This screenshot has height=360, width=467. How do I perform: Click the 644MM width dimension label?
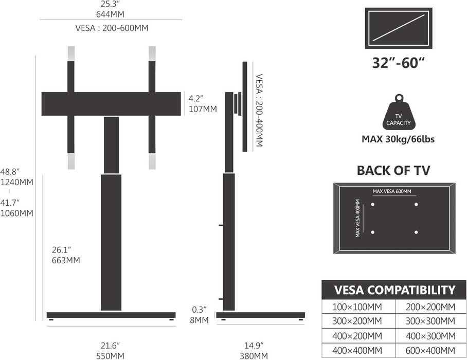110,14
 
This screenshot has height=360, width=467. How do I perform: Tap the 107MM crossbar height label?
203,109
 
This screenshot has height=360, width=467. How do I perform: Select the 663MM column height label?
66,260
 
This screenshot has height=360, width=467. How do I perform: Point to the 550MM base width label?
110,356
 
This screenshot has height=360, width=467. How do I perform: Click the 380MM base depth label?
254,356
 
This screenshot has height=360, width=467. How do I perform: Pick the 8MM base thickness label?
199,320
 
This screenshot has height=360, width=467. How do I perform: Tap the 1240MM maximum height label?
16,182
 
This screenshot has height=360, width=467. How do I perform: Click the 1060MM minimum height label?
16,213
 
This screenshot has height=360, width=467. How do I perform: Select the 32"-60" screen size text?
398,63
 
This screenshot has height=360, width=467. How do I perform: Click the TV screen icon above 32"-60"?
399,28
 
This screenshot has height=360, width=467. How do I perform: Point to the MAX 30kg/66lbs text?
398,139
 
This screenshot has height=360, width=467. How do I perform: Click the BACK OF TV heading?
393,171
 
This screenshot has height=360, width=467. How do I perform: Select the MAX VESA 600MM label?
392,191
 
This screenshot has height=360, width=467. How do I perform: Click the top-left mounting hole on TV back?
372,204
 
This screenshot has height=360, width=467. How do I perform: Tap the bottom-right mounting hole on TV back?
416,232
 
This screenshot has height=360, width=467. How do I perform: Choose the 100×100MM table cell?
358,307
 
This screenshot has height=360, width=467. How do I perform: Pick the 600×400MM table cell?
430,350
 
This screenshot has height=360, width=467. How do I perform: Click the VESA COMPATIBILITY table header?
394,290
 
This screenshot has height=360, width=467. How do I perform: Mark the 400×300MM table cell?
430,336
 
